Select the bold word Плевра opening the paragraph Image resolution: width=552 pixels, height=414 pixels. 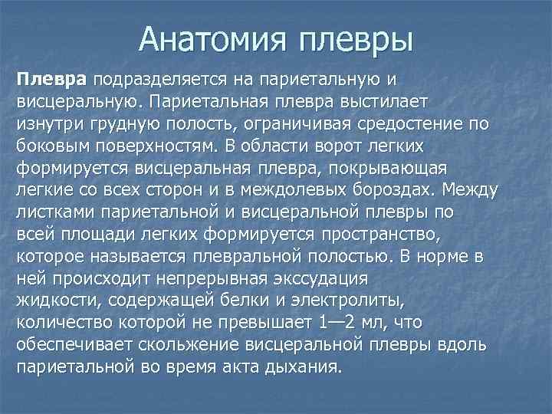pos(53,79)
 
